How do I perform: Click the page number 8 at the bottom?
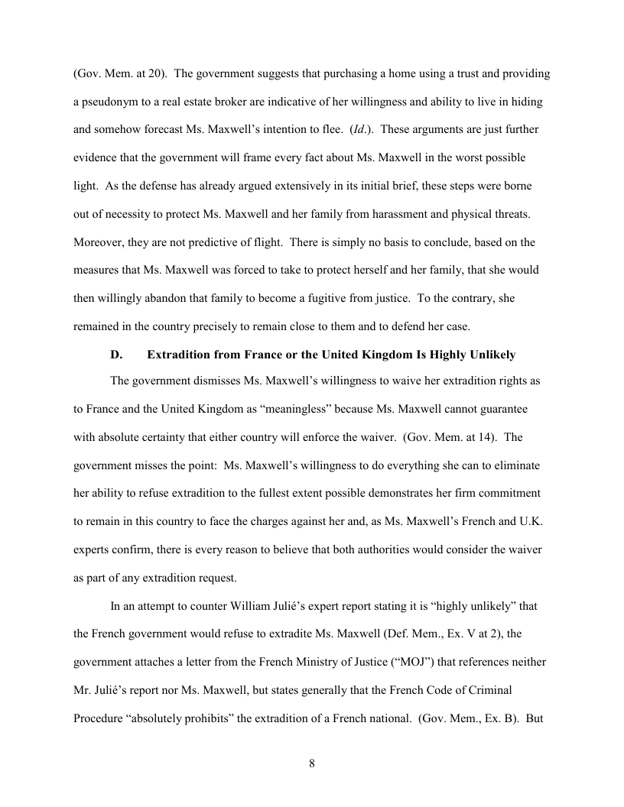pos(312,763)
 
